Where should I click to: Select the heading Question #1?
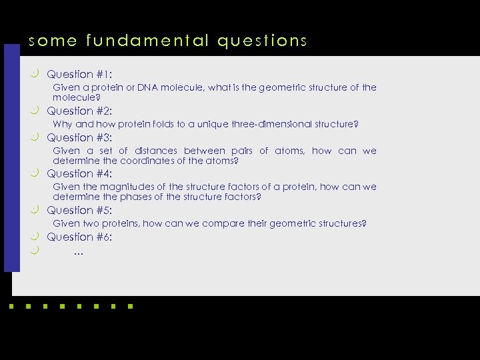coord(79,75)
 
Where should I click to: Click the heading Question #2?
coord(79,111)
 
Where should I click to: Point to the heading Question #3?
coord(79,138)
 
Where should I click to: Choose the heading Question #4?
coord(79,174)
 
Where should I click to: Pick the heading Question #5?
coord(79,211)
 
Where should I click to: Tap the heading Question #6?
coord(79,237)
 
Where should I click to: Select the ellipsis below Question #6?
coord(79,253)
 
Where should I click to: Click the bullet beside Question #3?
coord(35,137)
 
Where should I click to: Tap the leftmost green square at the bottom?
coord(11,307)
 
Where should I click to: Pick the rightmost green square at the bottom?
coord(130,307)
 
